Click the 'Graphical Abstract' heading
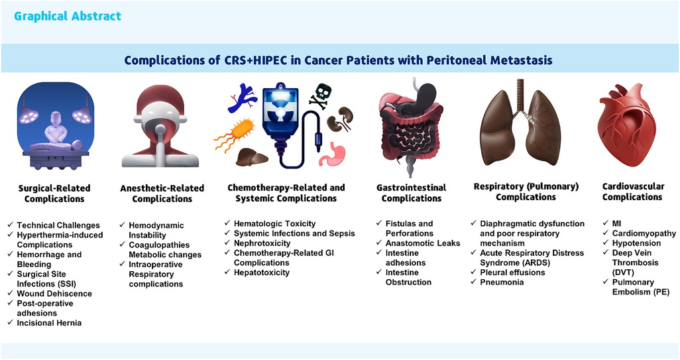67,16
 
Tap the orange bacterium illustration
234,133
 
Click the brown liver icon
252,157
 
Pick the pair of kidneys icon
340,119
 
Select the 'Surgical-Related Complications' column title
54,194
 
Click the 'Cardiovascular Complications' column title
633,192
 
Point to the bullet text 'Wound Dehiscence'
54,294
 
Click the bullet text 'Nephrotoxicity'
262,243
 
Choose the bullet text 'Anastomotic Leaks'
423,243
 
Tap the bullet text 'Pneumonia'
502,282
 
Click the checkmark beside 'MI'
606,223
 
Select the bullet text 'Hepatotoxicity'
262,272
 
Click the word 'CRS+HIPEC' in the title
255,60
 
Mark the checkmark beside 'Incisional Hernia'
11,322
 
